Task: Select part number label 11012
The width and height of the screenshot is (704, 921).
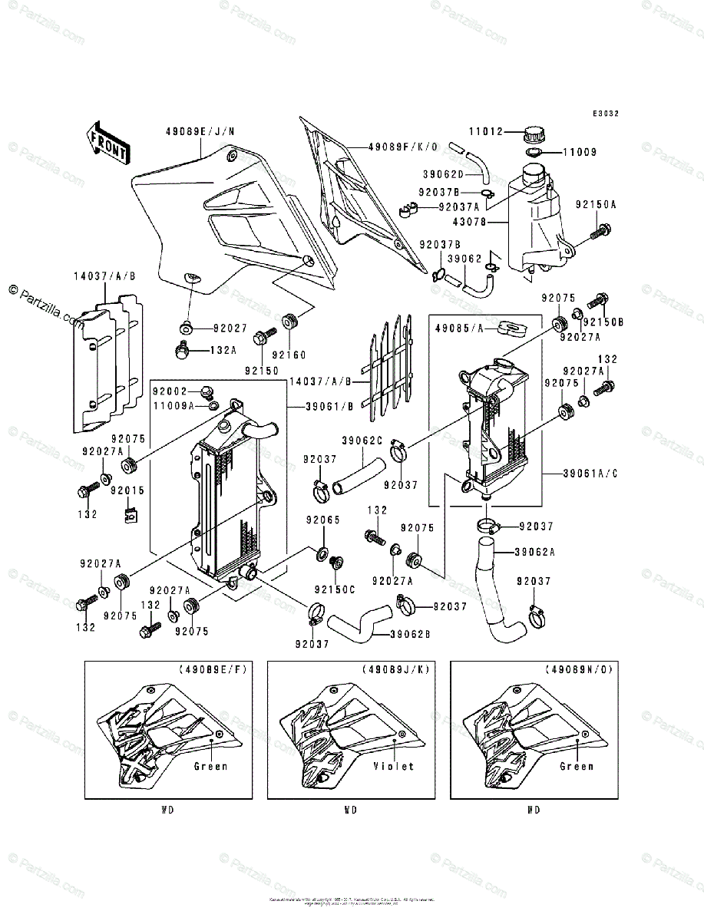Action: click(487, 132)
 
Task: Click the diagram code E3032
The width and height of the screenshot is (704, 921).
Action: click(605, 114)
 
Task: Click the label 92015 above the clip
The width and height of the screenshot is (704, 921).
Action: click(127, 490)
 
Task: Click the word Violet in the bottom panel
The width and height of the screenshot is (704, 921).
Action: click(394, 766)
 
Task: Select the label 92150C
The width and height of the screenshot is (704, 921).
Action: click(335, 589)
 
